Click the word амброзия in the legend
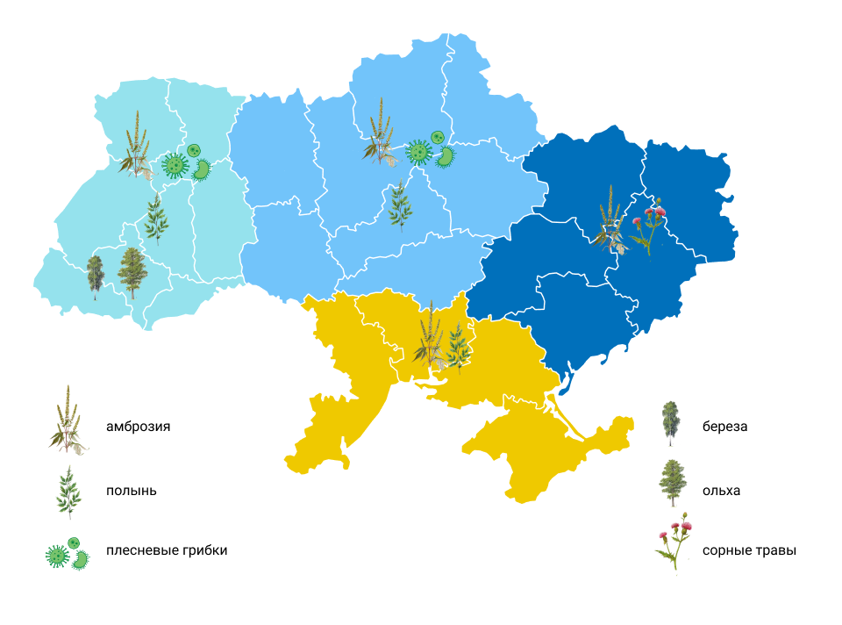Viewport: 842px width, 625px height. tap(138, 427)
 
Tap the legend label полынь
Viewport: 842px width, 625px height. tap(131, 491)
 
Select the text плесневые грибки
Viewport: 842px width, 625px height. tap(167, 550)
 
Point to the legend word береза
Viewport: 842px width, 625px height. tap(724, 427)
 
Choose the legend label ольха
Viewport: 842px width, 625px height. tap(721, 491)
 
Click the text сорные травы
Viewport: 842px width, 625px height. tap(749, 551)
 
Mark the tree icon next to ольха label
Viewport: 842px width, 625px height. tap(671, 483)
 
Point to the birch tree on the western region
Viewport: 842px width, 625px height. tap(95, 277)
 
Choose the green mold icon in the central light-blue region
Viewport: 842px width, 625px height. tap(431, 152)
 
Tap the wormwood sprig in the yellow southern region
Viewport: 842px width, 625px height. tap(456, 347)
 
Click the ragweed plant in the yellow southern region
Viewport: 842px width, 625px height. tap(428, 338)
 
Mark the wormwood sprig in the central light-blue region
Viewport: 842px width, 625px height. tap(400, 206)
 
